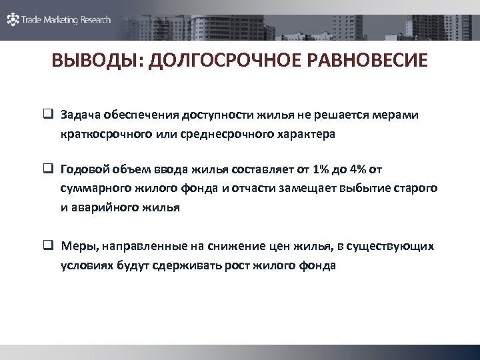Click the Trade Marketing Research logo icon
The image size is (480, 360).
coord(13,19)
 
